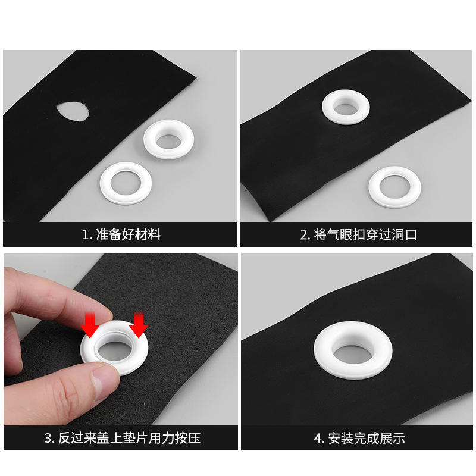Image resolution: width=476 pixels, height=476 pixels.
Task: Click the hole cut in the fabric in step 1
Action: pyautogui.click(x=73, y=111)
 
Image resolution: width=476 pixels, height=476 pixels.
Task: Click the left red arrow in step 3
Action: pyautogui.click(x=90, y=325)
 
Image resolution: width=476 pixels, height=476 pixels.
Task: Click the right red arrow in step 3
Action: pyautogui.click(x=139, y=325)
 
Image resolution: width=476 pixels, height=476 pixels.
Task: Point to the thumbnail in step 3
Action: pyautogui.click(x=102, y=381)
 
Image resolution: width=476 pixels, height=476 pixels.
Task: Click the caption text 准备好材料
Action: pyautogui.click(x=128, y=234)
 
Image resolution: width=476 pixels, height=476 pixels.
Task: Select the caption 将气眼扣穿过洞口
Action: pyautogui.click(x=365, y=234)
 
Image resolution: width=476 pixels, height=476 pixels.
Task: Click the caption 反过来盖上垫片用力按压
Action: pyautogui.click(x=129, y=438)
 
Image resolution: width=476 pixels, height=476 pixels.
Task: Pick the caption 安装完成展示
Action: pyautogui.click(x=367, y=439)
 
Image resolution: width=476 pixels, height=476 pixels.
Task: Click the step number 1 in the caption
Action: pyautogui.click(x=85, y=235)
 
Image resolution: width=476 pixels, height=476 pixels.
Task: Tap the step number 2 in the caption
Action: pyautogui.click(x=304, y=235)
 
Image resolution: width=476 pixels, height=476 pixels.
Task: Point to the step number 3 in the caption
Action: pyautogui.click(x=48, y=439)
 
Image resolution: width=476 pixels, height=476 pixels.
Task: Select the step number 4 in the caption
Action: pyautogui.click(x=318, y=439)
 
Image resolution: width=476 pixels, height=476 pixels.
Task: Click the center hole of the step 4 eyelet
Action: pyautogui.click(x=353, y=353)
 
